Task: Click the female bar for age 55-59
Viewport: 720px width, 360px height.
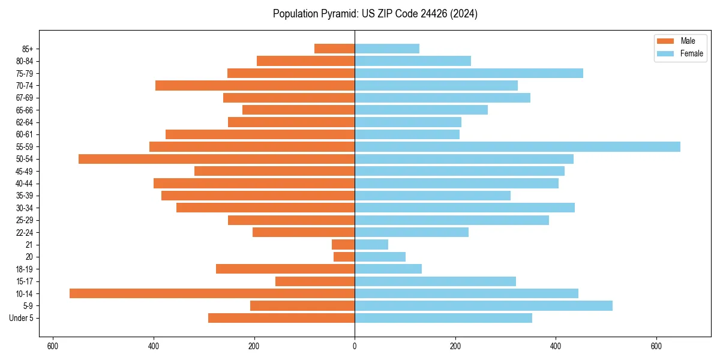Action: tap(517, 146)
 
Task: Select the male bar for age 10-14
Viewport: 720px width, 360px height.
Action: tap(212, 293)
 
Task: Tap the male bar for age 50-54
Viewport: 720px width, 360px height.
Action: tap(217, 159)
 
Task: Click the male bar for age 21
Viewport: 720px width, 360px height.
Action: tap(343, 244)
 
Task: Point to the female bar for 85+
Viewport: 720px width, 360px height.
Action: tap(387, 49)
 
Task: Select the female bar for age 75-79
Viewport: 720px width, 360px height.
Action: tap(469, 73)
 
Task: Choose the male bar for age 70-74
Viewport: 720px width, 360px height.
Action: tap(255, 85)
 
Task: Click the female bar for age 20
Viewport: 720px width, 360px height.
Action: tap(380, 257)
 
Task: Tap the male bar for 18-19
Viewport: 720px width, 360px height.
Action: tap(285, 269)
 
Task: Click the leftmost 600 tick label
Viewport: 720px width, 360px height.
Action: tap(53, 347)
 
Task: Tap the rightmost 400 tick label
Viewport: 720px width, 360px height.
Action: tap(556, 347)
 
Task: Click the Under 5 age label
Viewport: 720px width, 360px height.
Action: tap(21, 318)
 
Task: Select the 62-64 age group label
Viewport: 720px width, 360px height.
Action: tap(25, 122)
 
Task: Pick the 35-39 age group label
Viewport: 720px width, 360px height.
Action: tap(25, 196)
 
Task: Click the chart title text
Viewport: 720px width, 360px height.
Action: tap(375, 14)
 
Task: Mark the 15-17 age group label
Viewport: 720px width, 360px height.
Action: tap(25, 281)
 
